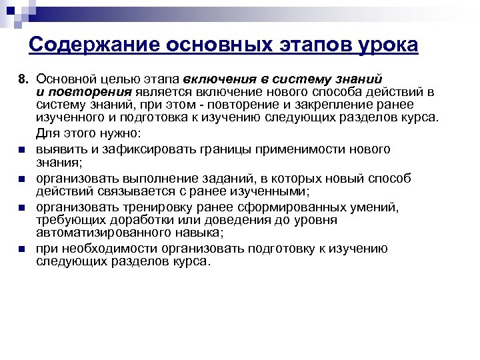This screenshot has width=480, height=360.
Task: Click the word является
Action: click(x=163, y=92)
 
